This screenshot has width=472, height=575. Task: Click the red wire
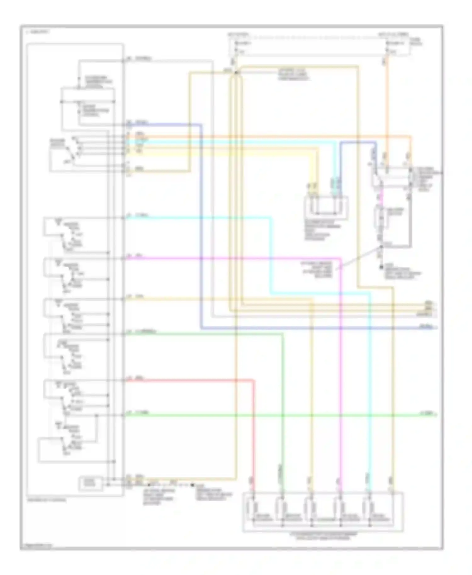point(189,381)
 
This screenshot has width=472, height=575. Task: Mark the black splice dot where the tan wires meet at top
point(235,73)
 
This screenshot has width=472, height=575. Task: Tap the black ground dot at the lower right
point(381,267)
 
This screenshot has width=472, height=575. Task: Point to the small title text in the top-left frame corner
point(38,32)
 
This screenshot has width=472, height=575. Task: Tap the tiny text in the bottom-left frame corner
point(36,544)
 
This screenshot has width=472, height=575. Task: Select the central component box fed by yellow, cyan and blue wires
point(326,208)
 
